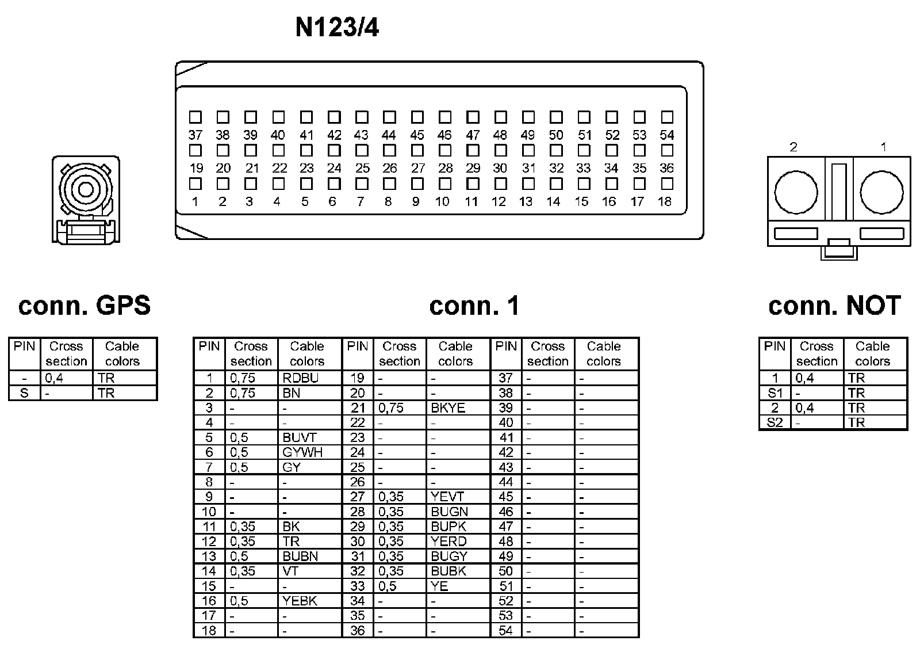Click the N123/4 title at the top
pos(337,27)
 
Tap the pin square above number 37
pos(195,117)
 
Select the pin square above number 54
pos(667,117)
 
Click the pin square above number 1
pos(195,184)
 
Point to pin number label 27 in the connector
pos(418,169)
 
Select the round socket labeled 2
pos(796,192)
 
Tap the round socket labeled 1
pos(881,192)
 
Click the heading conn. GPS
pos(85,306)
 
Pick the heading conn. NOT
pos(834,306)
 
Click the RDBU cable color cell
pos(301,378)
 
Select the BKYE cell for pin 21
pos(448,408)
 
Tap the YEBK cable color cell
pos(300,601)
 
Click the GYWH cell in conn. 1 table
pos(302,452)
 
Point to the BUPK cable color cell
pos(448,527)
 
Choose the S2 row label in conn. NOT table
pos(775,422)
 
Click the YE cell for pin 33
pos(439,586)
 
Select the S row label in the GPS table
pos(24,393)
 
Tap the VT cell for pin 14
pos(291,571)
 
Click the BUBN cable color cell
pos(300,556)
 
